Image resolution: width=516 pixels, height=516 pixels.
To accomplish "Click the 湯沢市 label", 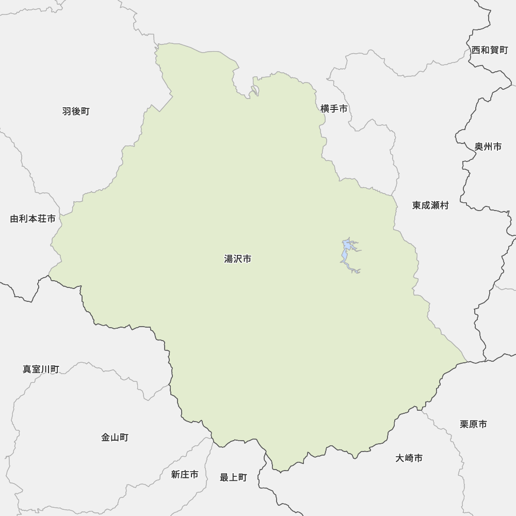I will [x=237, y=259].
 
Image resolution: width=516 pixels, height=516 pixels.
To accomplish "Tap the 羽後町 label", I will [x=76, y=111].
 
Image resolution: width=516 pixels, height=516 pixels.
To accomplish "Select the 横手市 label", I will [x=334, y=109].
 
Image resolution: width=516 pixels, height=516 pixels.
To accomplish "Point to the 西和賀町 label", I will [x=490, y=50].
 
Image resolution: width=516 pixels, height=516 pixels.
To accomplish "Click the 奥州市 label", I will [x=488, y=147].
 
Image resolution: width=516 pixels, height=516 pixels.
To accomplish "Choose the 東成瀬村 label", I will [x=430, y=205].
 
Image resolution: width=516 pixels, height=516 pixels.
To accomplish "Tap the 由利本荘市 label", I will [x=33, y=219].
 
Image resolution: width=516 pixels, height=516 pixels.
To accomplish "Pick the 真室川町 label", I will [x=41, y=369].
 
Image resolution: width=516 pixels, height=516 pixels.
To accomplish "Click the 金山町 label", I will [x=115, y=438].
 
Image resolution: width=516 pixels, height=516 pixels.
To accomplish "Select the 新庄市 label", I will [x=185, y=475].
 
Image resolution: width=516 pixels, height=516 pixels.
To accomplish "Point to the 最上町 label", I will [x=233, y=478].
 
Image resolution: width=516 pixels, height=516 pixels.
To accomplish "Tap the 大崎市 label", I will [x=409, y=458].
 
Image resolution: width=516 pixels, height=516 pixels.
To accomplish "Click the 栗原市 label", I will [x=473, y=424].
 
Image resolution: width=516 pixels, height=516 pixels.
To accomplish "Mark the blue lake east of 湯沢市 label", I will [x=346, y=253].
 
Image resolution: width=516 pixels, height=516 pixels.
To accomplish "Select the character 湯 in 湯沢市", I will [x=229, y=259].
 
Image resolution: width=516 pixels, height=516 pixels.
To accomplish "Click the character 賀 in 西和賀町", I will [x=494, y=50].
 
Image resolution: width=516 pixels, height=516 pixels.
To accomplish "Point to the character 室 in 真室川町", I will [x=36, y=369].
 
